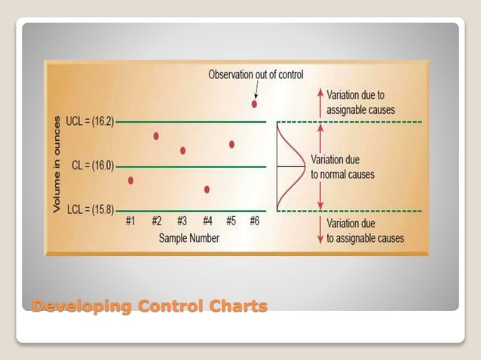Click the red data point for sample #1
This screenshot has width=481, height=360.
tap(131, 181)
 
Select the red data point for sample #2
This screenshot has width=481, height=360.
tap(156, 136)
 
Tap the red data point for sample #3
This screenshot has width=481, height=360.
tap(182, 151)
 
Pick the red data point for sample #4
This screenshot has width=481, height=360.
tap(207, 190)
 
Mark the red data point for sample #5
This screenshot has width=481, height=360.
tap(231, 144)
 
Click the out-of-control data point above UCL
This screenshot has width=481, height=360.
tap(254, 104)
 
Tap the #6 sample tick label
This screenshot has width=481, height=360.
tap(254, 221)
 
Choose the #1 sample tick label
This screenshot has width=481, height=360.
tap(130, 221)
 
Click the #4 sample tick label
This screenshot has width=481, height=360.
tap(206, 221)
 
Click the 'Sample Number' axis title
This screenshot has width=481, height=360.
tap(189, 238)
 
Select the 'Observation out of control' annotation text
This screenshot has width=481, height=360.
tap(256, 75)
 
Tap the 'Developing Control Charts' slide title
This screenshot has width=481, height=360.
tap(149, 306)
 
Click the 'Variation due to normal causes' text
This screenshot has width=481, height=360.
tap(342, 167)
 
